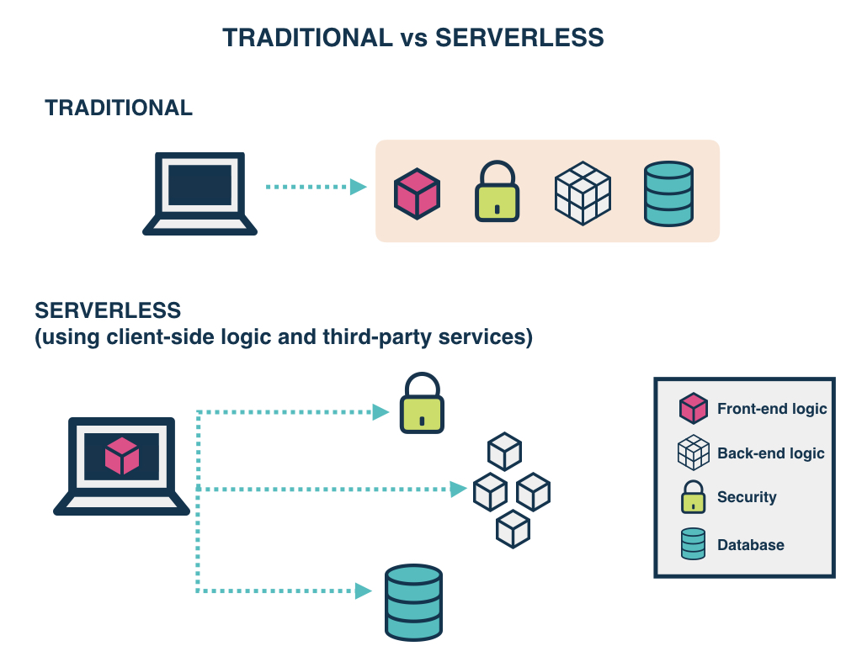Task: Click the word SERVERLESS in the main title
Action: pos(519,38)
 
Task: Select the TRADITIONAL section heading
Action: pos(119,108)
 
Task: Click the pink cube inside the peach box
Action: pos(418,194)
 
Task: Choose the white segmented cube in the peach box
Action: pos(583,193)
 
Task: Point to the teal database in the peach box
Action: pos(668,193)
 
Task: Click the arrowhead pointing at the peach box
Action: pos(359,187)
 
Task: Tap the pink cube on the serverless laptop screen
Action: pos(122,456)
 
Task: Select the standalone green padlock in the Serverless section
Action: pos(422,404)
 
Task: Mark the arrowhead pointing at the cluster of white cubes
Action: pos(459,489)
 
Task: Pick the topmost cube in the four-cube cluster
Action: pos(505,451)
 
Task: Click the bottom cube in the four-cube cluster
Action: pos(513,530)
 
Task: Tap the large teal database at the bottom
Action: pos(413,602)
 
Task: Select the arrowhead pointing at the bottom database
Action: pos(364,591)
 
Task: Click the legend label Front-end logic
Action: pos(772,409)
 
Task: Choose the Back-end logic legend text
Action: pos(770,453)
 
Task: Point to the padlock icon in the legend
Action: pos(693,497)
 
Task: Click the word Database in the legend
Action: pos(750,545)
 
